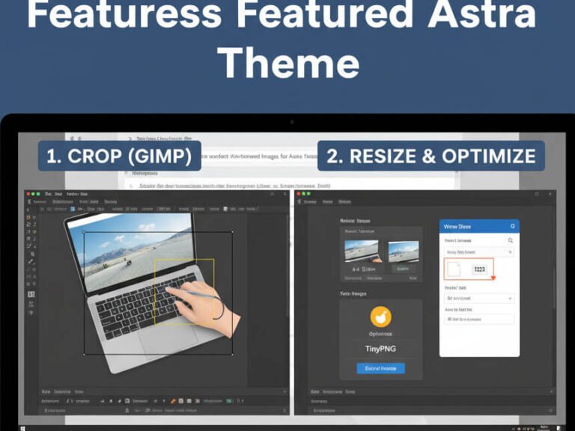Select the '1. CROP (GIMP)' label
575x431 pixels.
coord(119,156)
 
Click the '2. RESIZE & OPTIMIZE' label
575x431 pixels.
coord(431,156)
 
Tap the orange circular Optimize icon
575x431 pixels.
coord(380,317)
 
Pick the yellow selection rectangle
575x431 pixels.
coord(183,292)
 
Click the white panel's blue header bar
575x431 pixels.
coord(478,226)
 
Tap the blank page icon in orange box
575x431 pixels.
coord(454,269)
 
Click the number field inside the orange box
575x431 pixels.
coord(479,269)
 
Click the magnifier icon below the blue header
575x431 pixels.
coord(511,241)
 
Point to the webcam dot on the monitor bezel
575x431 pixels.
coord(292,121)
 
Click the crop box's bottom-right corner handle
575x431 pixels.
coord(232,354)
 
